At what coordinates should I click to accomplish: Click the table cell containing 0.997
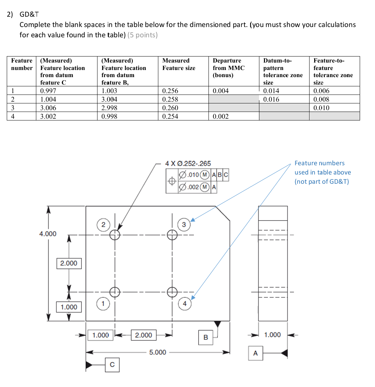tap(48, 91)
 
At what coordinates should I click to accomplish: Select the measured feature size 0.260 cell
tap(170, 108)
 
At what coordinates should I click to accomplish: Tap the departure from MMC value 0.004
tap(221, 91)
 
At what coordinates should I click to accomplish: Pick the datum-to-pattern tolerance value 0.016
tap(271, 100)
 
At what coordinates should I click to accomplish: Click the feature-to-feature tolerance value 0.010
tap(321, 108)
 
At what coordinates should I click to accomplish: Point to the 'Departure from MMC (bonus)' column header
tap(227, 68)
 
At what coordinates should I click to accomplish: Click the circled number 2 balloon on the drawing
tap(103, 225)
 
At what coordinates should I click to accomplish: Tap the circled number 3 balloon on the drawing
tap(184, 224)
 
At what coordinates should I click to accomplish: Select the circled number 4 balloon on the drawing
tap(185, 303)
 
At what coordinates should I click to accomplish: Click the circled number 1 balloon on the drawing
tap(102, 303)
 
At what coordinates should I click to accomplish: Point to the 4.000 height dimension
tap(48, 233)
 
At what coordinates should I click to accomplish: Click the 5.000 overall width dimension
tap(158, 352)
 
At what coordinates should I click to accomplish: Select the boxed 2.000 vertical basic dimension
tap(69, 263)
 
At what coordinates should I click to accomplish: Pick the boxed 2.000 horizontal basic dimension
tap(143, 335)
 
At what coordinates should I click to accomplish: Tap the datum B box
tap(206, 337)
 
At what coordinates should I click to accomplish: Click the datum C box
tap(112, 364)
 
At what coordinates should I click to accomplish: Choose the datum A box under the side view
tap(255, 353)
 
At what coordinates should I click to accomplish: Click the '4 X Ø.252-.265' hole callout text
tap(188, 163)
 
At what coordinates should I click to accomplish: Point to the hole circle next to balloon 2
tap(115, 234)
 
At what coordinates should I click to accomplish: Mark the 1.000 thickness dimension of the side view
tap(273, 335)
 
